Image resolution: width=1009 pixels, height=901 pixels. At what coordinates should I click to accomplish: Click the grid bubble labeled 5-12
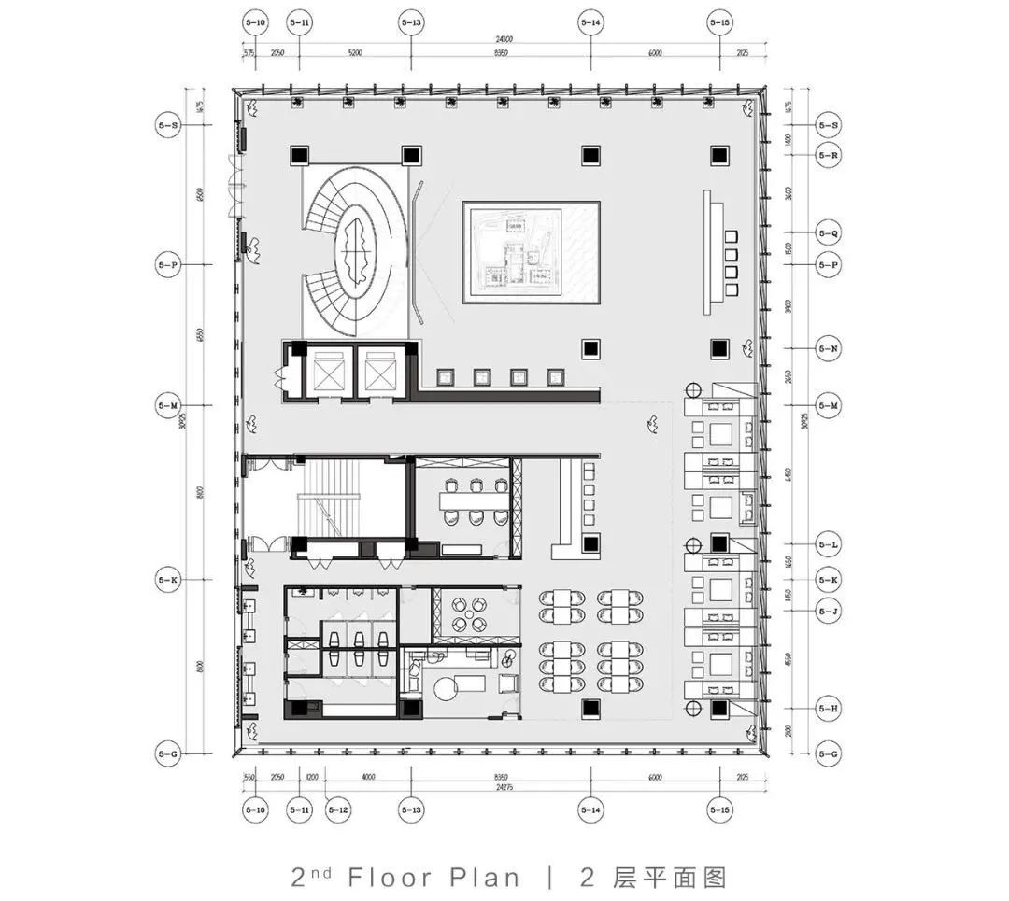(x=338, y=810)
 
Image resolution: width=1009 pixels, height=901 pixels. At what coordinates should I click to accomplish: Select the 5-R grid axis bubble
(x=828, y=155)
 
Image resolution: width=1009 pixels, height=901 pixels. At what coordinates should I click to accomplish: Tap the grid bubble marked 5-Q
(x=828, y=232)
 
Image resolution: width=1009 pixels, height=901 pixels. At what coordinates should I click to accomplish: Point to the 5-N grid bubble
(x=828, y=348)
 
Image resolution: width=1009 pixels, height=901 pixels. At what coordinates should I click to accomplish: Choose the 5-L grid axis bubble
(x=828, y=543)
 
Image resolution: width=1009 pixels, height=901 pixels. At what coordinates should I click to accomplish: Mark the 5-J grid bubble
(x=828, y=612)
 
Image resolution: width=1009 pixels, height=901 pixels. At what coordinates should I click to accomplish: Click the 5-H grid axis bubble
(x=828, y=709)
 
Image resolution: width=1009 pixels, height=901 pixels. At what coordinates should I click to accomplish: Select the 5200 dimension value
(x=354, y=54)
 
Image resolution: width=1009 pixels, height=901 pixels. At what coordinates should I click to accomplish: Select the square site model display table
(x=531, y=252)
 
